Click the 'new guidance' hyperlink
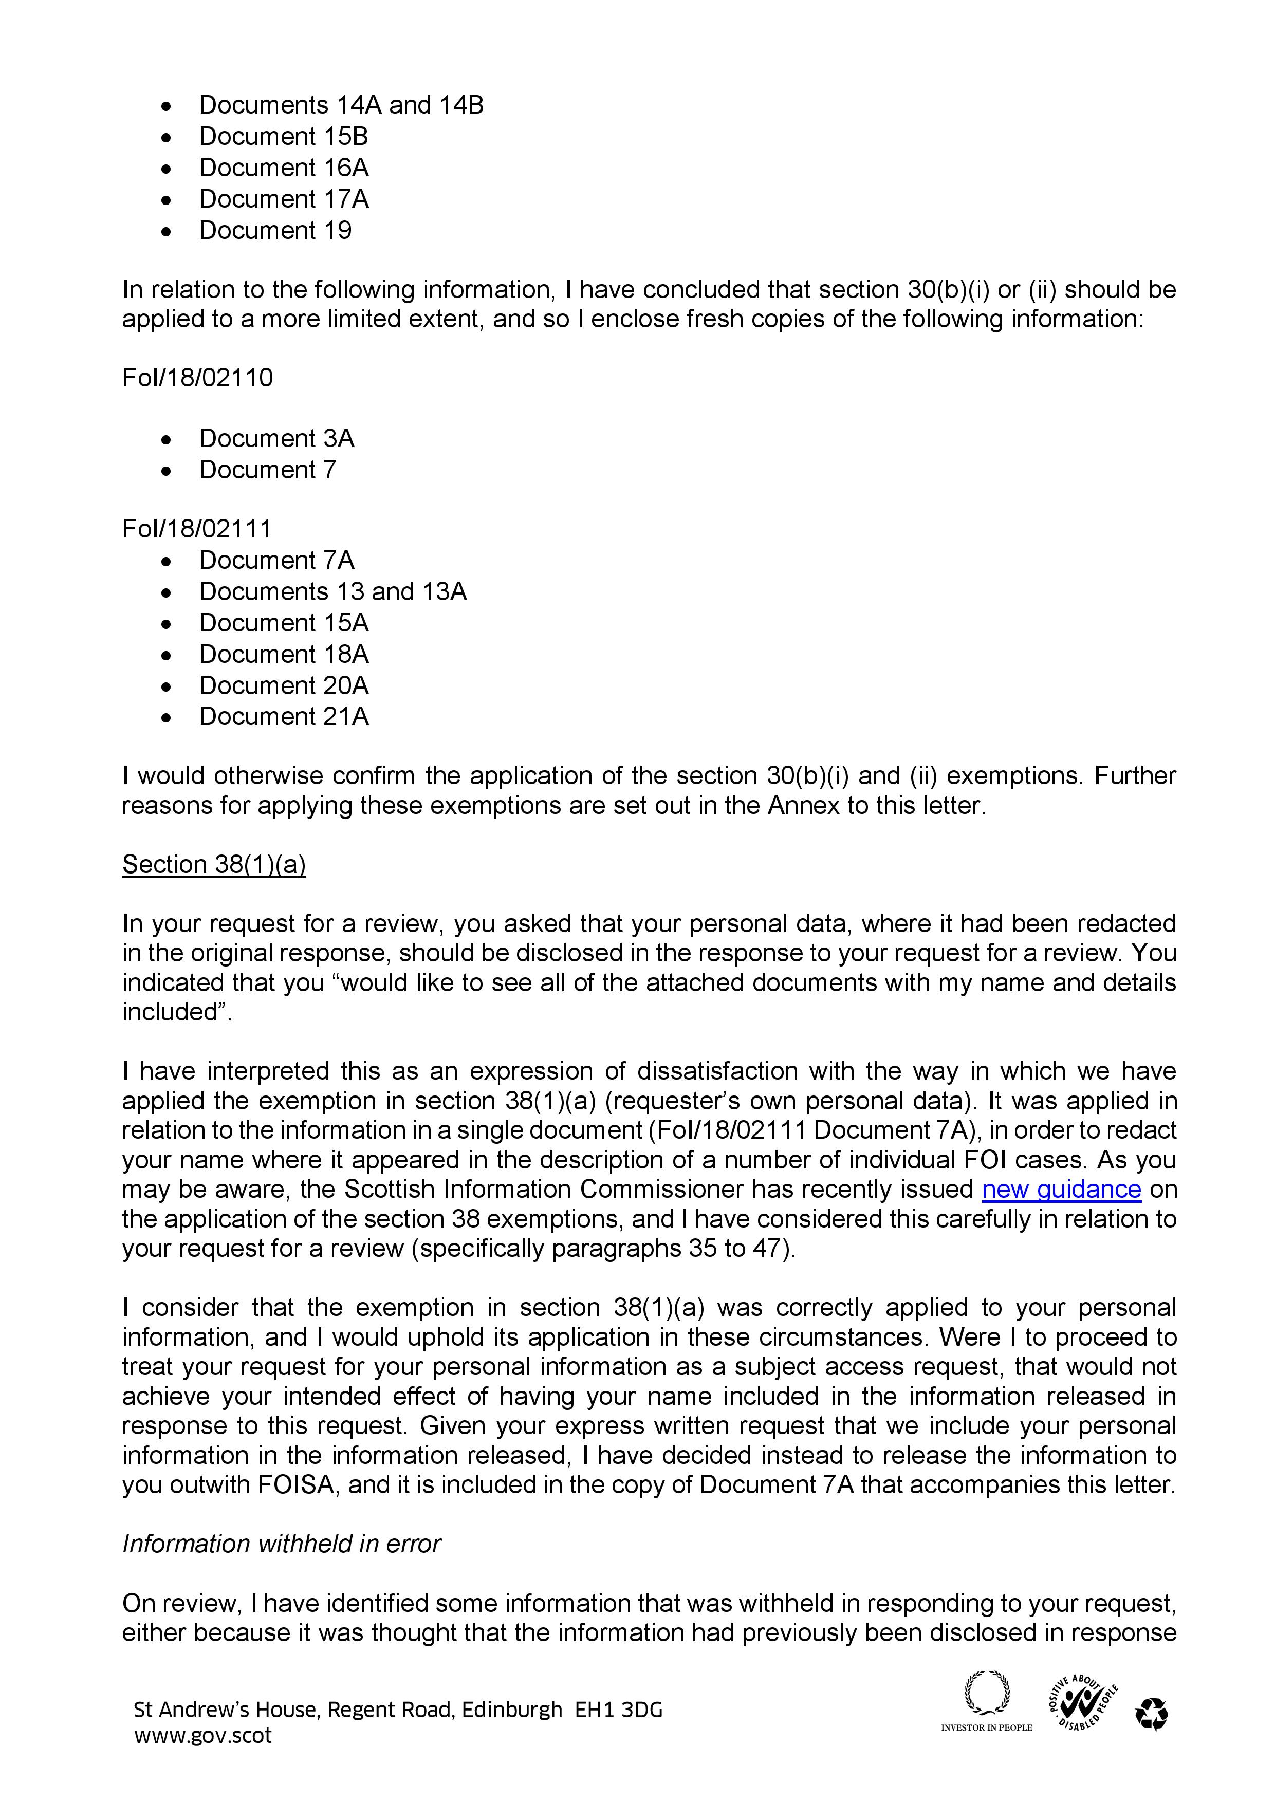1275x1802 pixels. pos(1061,1189)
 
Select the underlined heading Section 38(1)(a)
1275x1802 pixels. pos(214,864)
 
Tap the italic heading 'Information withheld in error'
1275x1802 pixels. pos(281,1544)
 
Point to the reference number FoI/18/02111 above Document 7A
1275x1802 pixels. pos(196,528)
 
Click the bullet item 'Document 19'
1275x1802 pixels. pos(275,230)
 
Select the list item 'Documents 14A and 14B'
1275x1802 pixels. pos(341,104)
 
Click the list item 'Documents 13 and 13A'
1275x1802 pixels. pos(333,591)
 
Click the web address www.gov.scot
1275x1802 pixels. pos(202,1735)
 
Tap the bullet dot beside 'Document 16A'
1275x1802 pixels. pos(165,169)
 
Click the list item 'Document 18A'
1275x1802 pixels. pos(284,654)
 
